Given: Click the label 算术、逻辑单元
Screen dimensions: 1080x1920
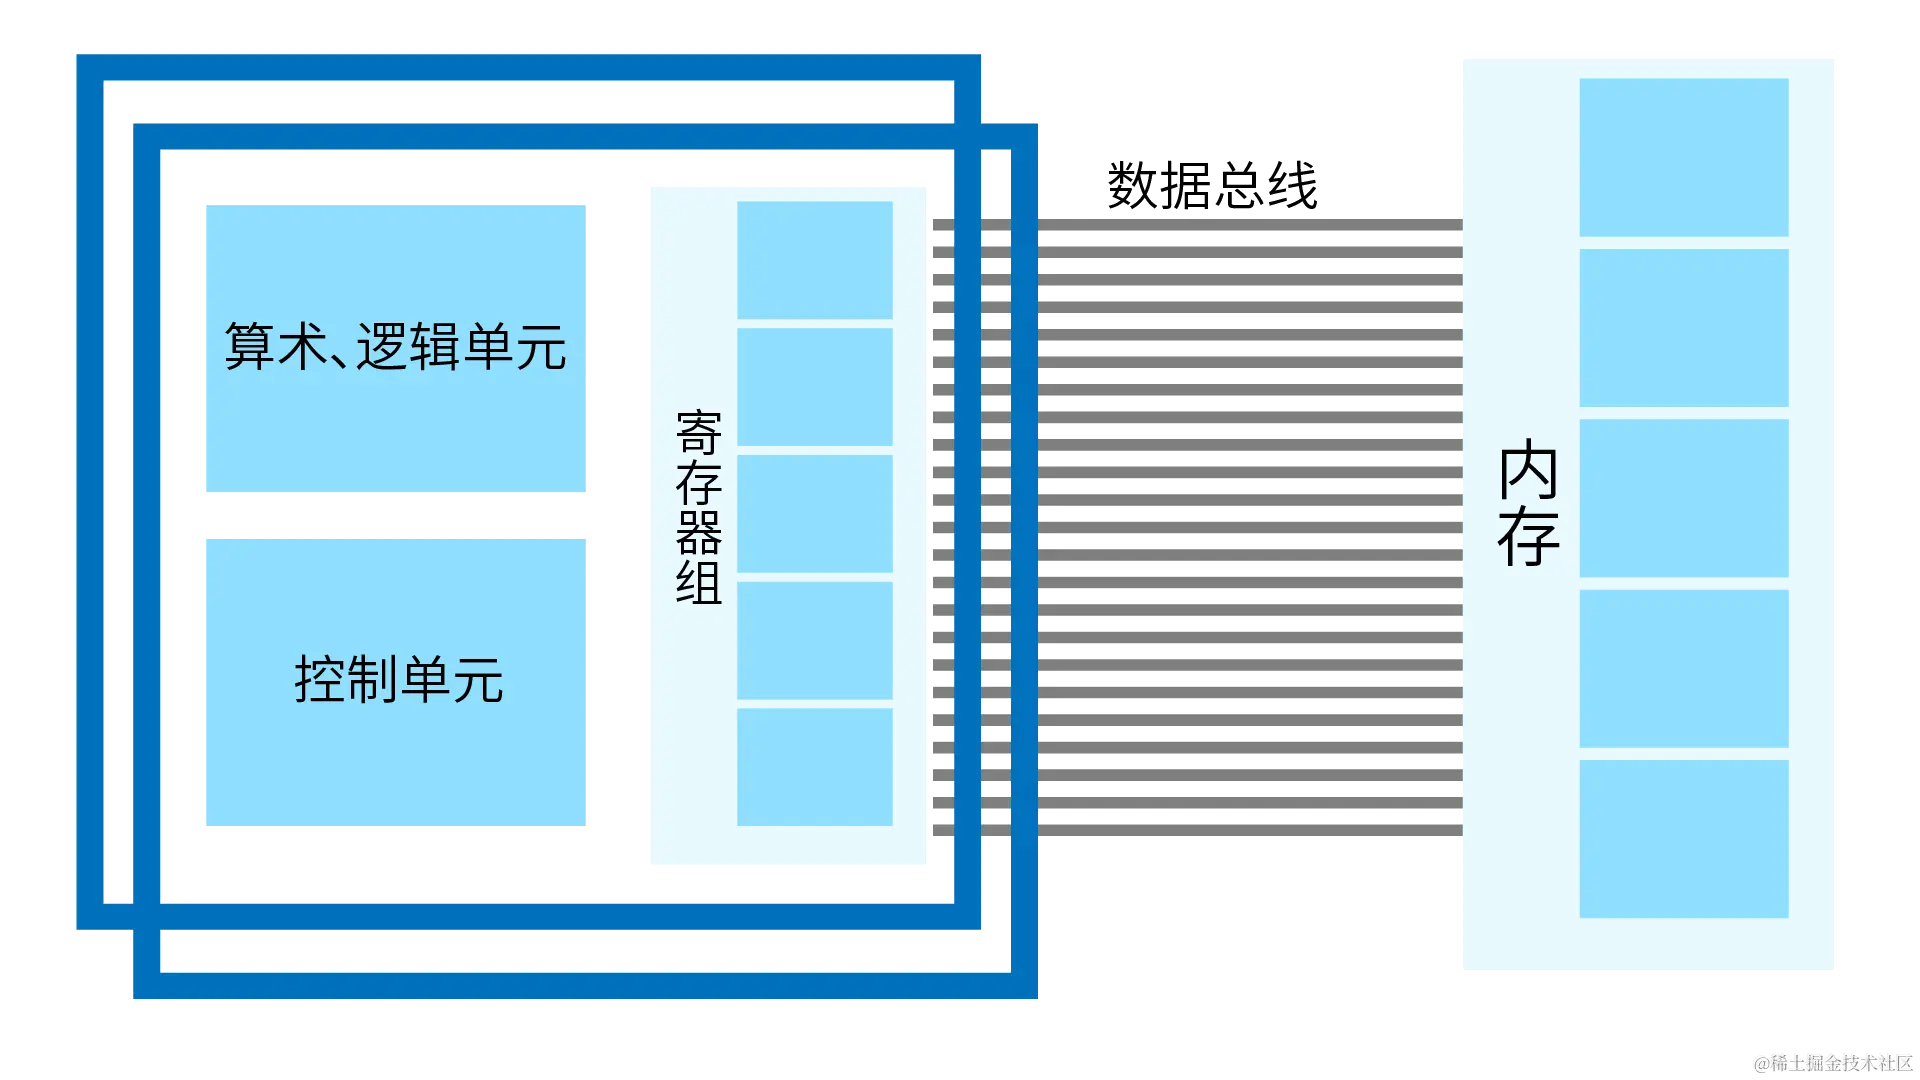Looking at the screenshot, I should point(395,347).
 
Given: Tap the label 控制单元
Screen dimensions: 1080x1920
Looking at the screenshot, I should point(398,680).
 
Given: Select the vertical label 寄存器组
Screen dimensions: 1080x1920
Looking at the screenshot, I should point(698,507).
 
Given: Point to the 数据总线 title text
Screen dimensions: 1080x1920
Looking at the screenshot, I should point(1211,186).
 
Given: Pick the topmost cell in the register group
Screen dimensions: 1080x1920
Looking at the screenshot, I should point(814,260).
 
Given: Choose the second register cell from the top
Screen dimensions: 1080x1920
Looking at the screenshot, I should point(814,387).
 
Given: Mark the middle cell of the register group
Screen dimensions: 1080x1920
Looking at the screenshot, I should point(814,514).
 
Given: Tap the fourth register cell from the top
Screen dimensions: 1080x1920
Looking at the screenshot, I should point(814,640).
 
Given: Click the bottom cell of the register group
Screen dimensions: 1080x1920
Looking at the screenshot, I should point(814,767).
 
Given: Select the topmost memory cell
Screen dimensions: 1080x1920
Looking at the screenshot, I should point(1683,157).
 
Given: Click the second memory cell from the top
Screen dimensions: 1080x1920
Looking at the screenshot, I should point(1683,328).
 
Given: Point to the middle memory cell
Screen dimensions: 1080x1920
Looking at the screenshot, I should point(1683,498).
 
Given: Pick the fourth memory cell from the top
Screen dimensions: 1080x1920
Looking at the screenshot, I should point(1683,668).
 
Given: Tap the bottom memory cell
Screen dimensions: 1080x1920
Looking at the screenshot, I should point(1683,839).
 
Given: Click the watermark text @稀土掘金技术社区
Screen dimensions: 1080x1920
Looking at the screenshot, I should point(1832,1062).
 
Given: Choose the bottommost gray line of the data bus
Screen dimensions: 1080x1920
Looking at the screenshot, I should point(1250,832).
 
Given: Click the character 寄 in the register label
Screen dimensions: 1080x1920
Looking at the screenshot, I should point(698,433).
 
